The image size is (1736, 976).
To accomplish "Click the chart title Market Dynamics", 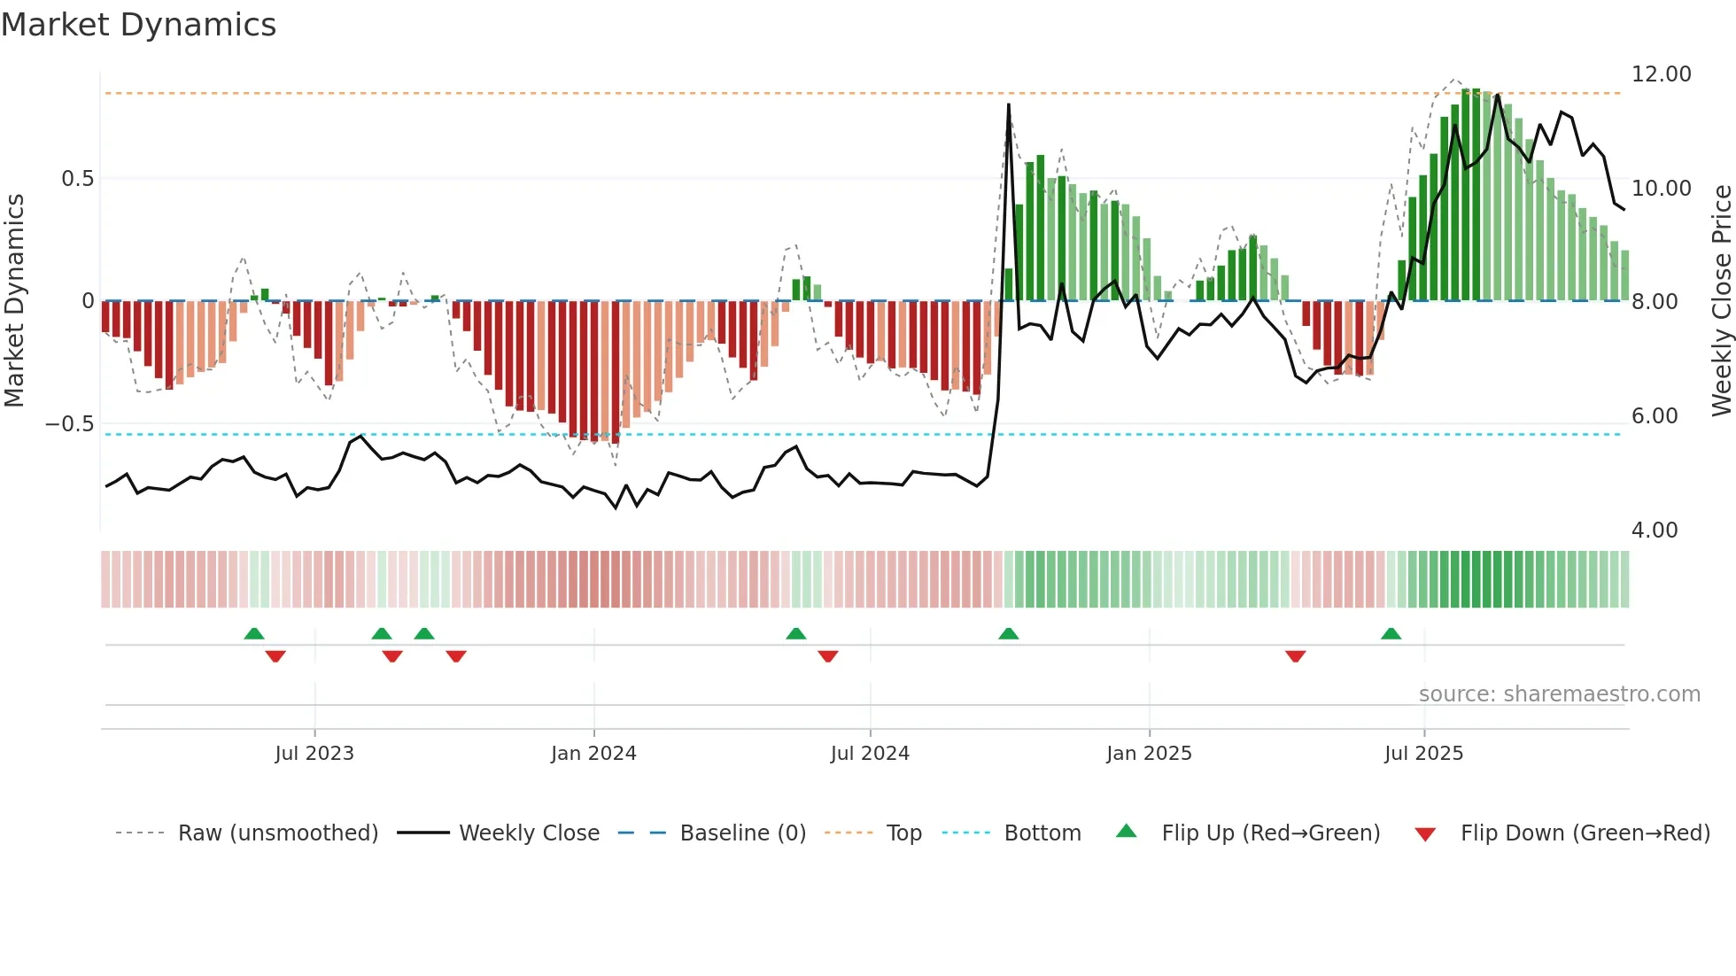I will (138, 25).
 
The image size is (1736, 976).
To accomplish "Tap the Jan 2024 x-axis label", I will (593, 754).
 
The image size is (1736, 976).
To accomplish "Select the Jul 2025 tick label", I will (1423, 754).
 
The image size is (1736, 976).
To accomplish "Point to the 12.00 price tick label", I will (1661, 74).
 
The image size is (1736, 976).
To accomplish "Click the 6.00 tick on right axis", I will (1654, 416).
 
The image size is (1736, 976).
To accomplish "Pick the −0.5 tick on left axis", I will (69, 424).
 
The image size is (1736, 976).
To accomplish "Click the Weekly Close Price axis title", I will (1721, 301).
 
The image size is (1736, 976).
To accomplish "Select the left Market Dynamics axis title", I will (14, 301).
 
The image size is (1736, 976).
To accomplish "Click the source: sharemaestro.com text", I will (1559, 694).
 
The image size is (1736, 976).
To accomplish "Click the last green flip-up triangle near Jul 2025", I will (1391, 634).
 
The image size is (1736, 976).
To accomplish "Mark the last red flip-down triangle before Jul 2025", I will (1295, 656).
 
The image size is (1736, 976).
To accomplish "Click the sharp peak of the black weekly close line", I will (1008, 105).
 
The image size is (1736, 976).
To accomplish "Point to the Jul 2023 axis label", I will (314, 754).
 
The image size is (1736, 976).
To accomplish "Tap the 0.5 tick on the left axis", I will (77, 179).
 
